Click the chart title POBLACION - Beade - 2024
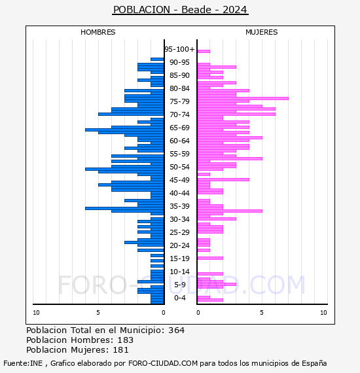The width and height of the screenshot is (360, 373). click(x=180, y=10)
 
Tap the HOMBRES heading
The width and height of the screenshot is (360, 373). click(x=98, y=32)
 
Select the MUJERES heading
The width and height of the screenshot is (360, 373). click(x=262, y=32)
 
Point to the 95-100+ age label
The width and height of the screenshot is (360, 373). click(x=179, y=49)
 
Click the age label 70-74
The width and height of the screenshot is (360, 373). click(x=179, y=115)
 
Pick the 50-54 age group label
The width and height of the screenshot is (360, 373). click(x=179, y=167)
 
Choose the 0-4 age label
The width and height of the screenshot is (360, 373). click(x=179, y=298)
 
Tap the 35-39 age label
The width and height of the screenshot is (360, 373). click(x=179, y=206)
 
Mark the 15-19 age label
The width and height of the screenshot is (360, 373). click(x=179, y=258)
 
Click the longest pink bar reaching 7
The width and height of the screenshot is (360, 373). click(x=243, y=98)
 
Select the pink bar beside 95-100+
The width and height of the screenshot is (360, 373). click(x=204, y=51)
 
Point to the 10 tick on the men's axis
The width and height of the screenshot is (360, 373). click(x=36, y=313)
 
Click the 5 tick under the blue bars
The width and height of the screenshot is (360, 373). click(x=98, y=313)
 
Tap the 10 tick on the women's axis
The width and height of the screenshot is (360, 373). click(x=323, y=313)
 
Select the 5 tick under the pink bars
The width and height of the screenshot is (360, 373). click(x=262, y=313)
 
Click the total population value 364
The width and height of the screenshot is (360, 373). click(x=176, y=330)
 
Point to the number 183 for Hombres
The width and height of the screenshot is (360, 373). click(x=126, y=340)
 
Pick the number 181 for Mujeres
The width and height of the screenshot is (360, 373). click(x=120, y=349)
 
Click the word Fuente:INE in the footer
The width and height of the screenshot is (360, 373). click(x=23, y=363)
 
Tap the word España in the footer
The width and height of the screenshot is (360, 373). click(x=314, y=363)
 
